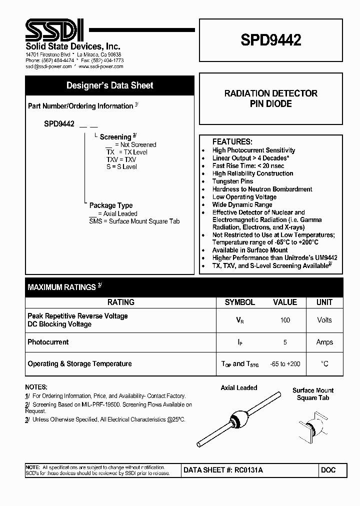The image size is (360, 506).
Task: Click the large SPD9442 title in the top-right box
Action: (x=271, y=40)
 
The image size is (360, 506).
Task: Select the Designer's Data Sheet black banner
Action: (x=109, y=85)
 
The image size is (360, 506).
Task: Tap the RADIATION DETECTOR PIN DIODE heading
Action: (x=271, y=98)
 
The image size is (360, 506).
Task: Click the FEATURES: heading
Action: (x=232, y=141)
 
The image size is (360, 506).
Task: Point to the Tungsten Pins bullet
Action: (x=232, y=181)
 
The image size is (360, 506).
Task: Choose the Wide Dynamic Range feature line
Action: (x=242, y=204)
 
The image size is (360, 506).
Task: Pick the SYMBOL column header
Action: (x=239, y=302)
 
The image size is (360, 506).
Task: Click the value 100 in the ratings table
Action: (x=285, y=320)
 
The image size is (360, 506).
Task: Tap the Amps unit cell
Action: (x=324, y=342)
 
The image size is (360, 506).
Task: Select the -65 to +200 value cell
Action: (x=285, y=364)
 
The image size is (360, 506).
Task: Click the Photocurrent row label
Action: (x=48, y=342)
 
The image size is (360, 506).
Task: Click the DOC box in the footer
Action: (x=328, y=470)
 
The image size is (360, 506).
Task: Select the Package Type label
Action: (x=110, y=205)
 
